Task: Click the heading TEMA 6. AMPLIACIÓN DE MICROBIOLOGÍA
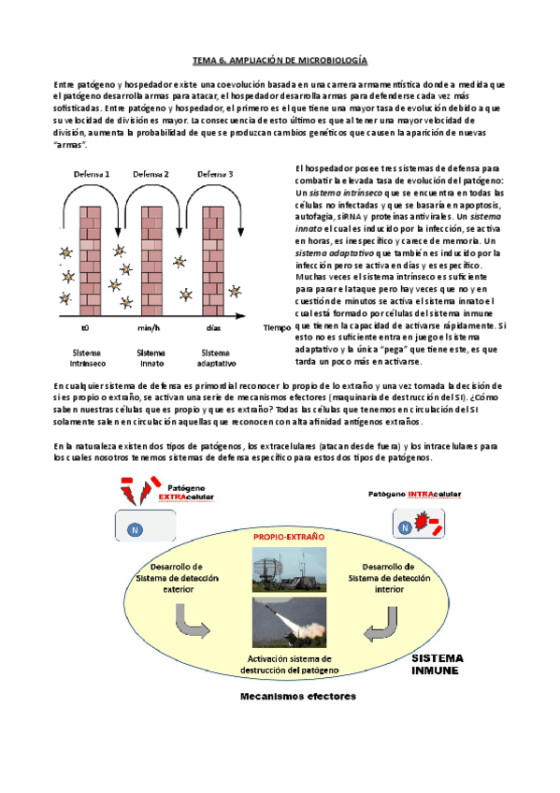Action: tap(280, 59)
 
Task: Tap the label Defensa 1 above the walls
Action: tap(93, 174)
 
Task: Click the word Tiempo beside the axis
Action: tap(279, 328)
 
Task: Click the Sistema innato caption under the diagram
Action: tap(151, 358)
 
